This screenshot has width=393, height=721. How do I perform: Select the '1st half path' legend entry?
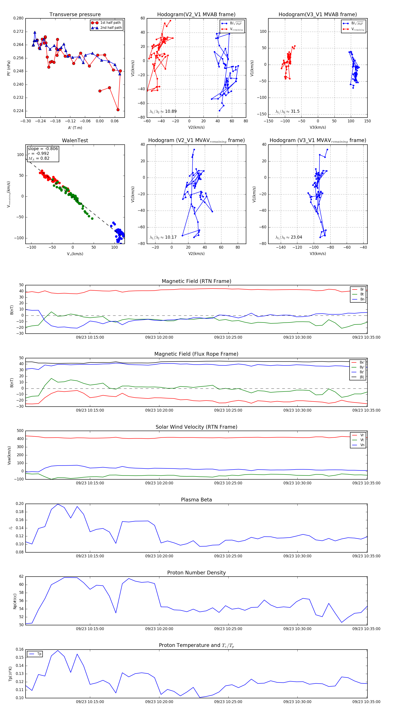coord(110,23)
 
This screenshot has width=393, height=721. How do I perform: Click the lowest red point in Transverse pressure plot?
coord(118,110)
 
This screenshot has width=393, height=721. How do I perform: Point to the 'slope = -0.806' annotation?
coord(43,149)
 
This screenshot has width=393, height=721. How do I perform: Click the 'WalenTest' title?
coord(75,140)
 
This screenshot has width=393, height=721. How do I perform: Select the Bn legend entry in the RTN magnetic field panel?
coord(362,299)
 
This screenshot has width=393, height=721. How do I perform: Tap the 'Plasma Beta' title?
coord(196,500)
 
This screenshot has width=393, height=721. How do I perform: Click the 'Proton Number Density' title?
coord(196,572)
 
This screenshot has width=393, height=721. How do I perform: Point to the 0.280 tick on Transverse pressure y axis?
coord(19,18)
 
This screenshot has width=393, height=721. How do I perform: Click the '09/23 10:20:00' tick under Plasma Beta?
coord(159,556)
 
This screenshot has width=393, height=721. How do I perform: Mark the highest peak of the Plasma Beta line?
coord(58,504)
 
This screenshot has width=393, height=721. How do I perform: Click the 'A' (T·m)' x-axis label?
coord(75,128)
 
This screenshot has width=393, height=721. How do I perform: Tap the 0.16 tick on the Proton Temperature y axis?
coord(20,649)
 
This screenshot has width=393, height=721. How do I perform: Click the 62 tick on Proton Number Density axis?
coord(21,576)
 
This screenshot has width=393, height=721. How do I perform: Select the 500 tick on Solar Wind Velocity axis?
coord(20,431)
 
